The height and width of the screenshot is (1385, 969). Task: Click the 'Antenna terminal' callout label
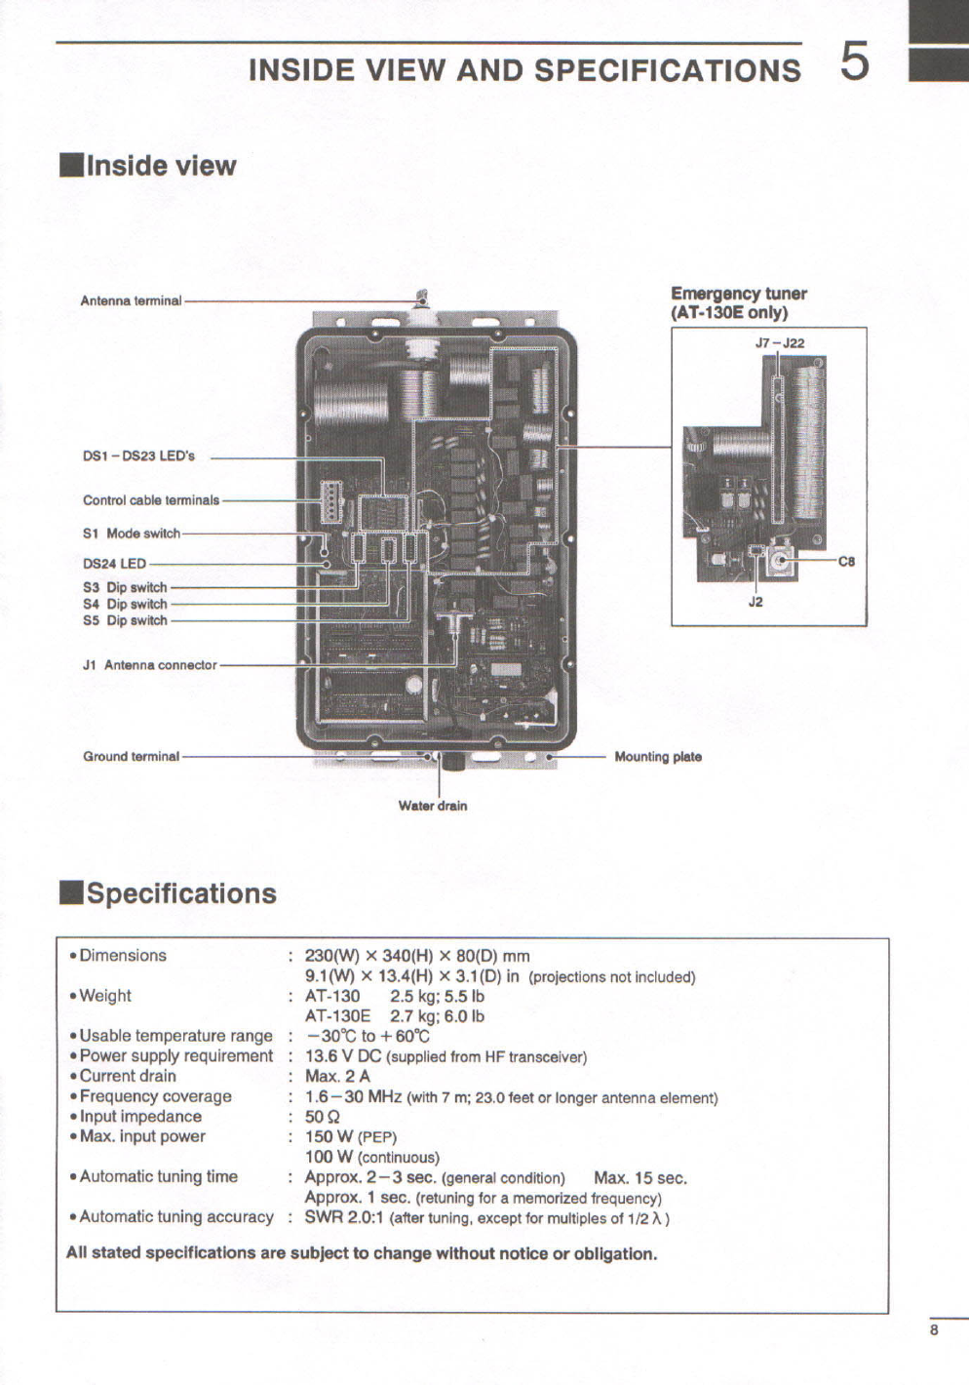[x=131, y=300]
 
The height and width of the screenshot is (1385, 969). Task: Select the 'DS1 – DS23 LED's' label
[x=138, y=455]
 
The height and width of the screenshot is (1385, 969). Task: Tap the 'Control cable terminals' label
[x=151, y=500]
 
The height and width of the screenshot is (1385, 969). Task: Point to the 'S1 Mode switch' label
[x=132, y=534]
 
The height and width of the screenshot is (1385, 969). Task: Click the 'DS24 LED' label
[x=114, y=564]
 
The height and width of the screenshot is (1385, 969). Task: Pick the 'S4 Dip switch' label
[x=125, y=604]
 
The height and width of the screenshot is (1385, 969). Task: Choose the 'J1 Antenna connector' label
[x=150, y=665]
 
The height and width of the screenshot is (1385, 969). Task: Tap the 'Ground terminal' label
[x=131, y=756]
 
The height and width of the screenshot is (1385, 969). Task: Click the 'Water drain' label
[x=432, y=806]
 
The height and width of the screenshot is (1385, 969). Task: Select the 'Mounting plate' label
[x=658, y=757]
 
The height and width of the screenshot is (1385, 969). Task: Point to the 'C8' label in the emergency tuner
[x=846, y=561]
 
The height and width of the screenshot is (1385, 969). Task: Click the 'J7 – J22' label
[x=779, y=343]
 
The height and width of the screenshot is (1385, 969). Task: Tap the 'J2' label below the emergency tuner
[x=756, y=602]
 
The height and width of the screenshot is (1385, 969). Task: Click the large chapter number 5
[x=854, y=62]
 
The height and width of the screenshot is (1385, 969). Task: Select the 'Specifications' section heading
[x=181, y=893]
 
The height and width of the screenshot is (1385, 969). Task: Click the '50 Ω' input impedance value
[x=323, y=1117]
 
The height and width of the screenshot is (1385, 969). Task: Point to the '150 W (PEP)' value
[x=351, y=1136]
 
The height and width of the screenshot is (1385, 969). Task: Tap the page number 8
[x=934, y=1329]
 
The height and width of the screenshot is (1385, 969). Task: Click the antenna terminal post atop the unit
[x=422, y=298]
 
